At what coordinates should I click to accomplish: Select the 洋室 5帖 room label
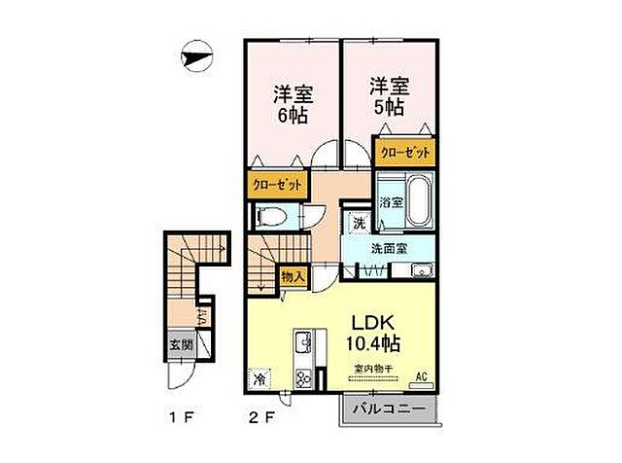(x=388, y=95)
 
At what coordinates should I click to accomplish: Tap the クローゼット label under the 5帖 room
(x=400, y=153)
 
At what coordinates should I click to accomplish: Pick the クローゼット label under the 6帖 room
(x=277, y=185)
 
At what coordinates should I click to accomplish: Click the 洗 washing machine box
(x=359, y=224)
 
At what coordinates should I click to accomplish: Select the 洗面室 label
(x=387, y=249)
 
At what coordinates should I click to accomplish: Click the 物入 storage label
(x=294, y=277)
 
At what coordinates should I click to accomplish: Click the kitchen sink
(x=302, y=342)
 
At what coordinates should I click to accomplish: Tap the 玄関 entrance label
(x=180, y=344)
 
